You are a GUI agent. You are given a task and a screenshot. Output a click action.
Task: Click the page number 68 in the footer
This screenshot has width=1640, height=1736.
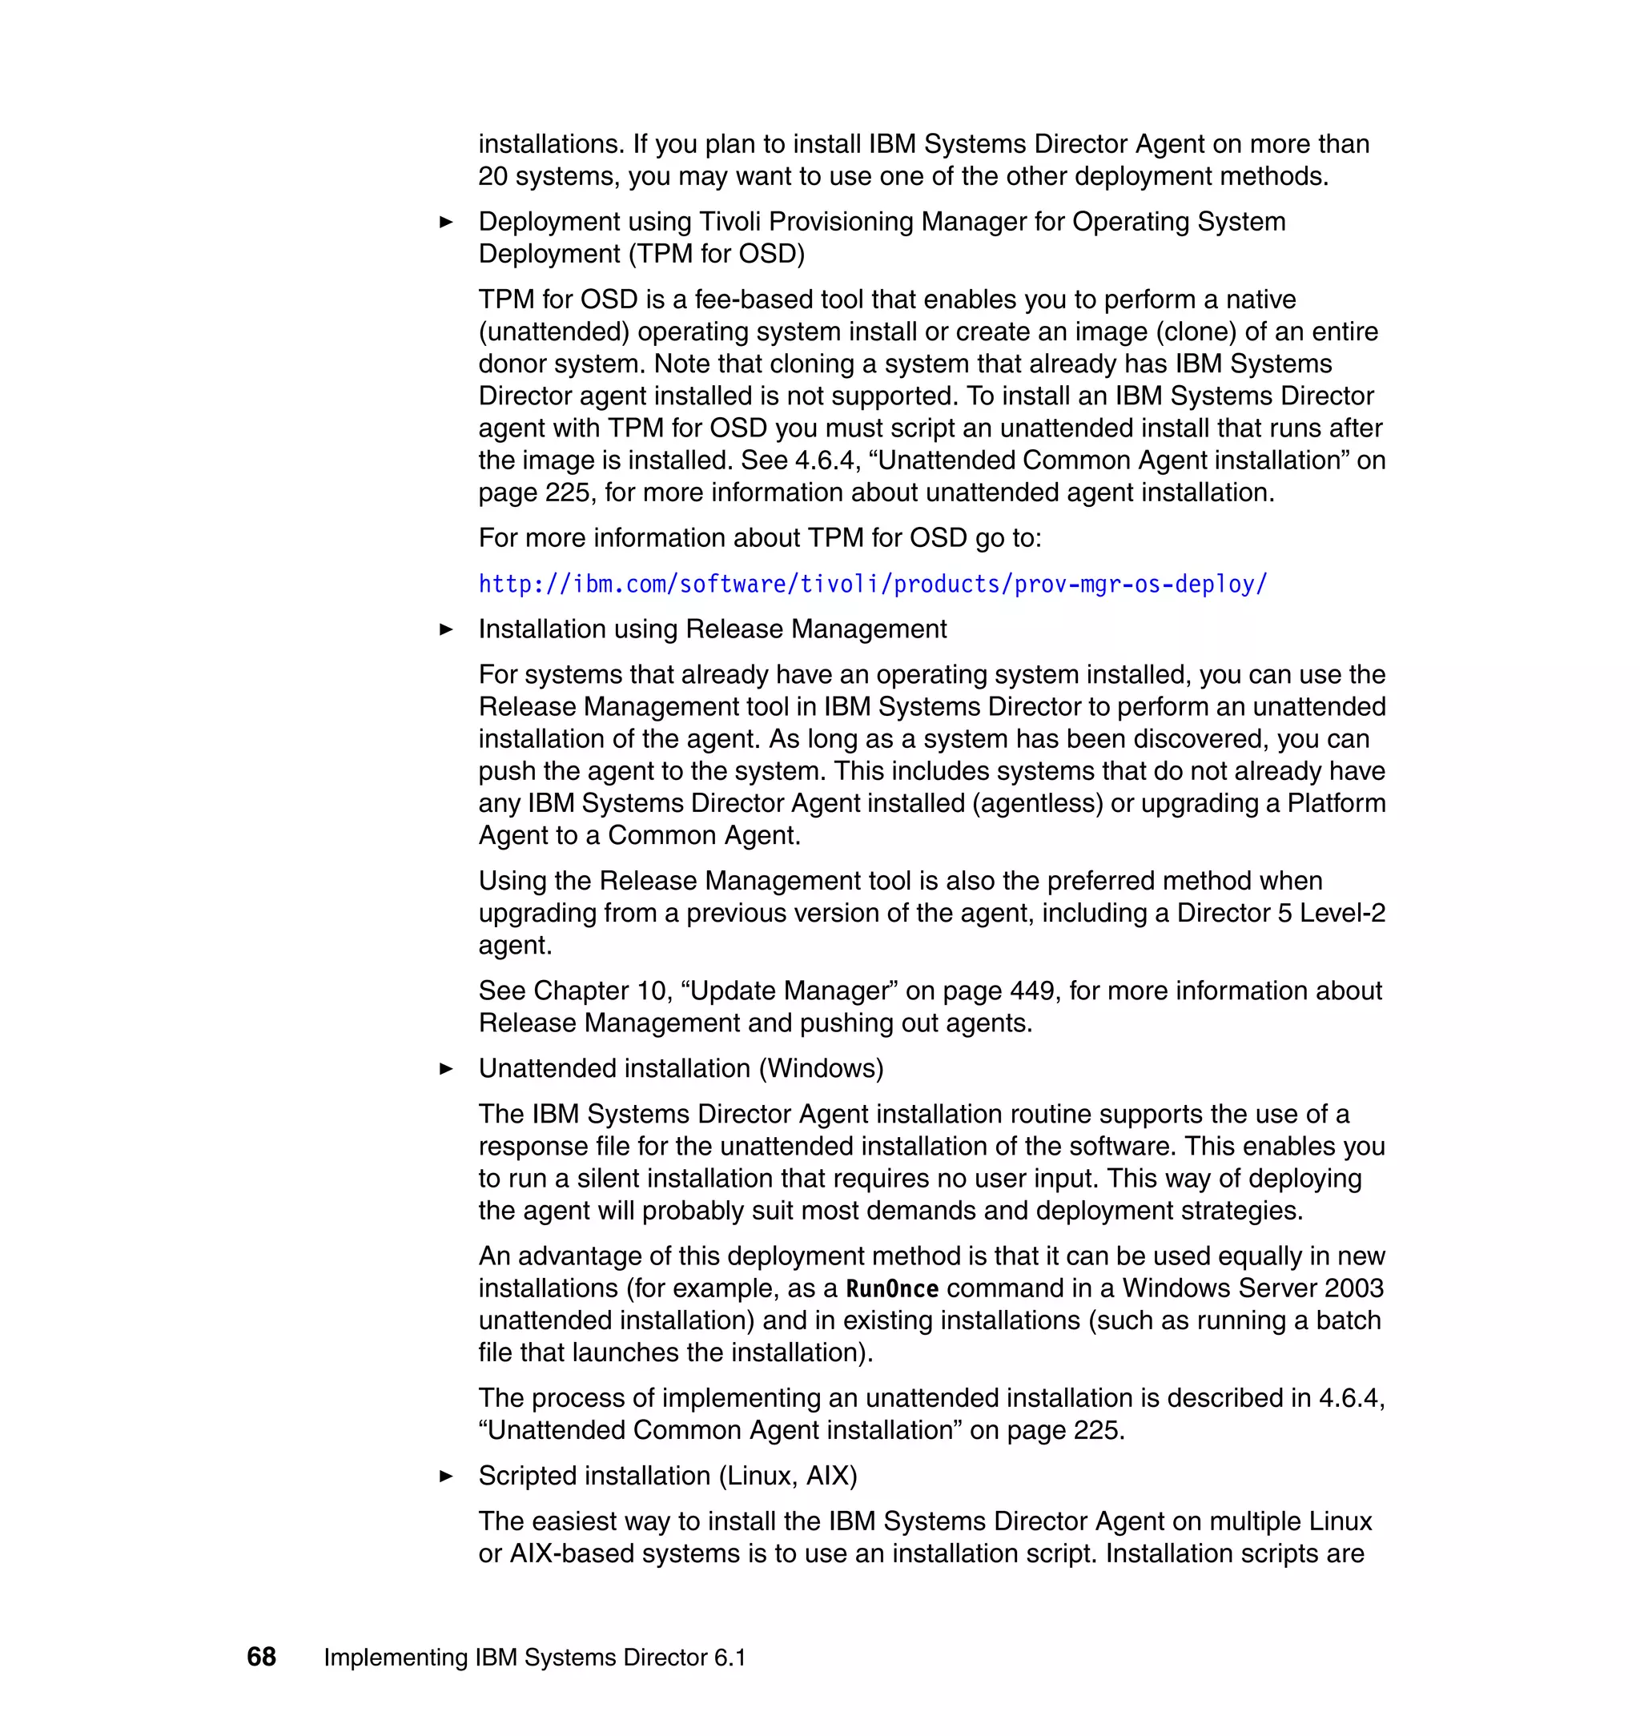click(261, 1657)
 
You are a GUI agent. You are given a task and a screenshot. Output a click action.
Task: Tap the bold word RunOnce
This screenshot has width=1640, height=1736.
click(892, 1288)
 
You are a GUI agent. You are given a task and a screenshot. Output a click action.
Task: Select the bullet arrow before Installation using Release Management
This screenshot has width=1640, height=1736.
click(446, 629)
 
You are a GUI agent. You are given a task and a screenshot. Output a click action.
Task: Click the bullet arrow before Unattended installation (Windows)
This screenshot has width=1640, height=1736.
click(446, 1068)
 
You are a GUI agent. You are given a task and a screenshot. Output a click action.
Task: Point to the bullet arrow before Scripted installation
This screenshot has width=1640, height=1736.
click(446, 1477)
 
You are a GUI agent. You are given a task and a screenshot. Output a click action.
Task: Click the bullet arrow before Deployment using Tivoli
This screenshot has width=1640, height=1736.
click(446, 222)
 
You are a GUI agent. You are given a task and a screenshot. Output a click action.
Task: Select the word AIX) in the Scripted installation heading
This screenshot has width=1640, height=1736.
click(831, 1476)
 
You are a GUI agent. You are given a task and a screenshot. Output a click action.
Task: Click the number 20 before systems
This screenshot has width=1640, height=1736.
click(493, 177)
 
